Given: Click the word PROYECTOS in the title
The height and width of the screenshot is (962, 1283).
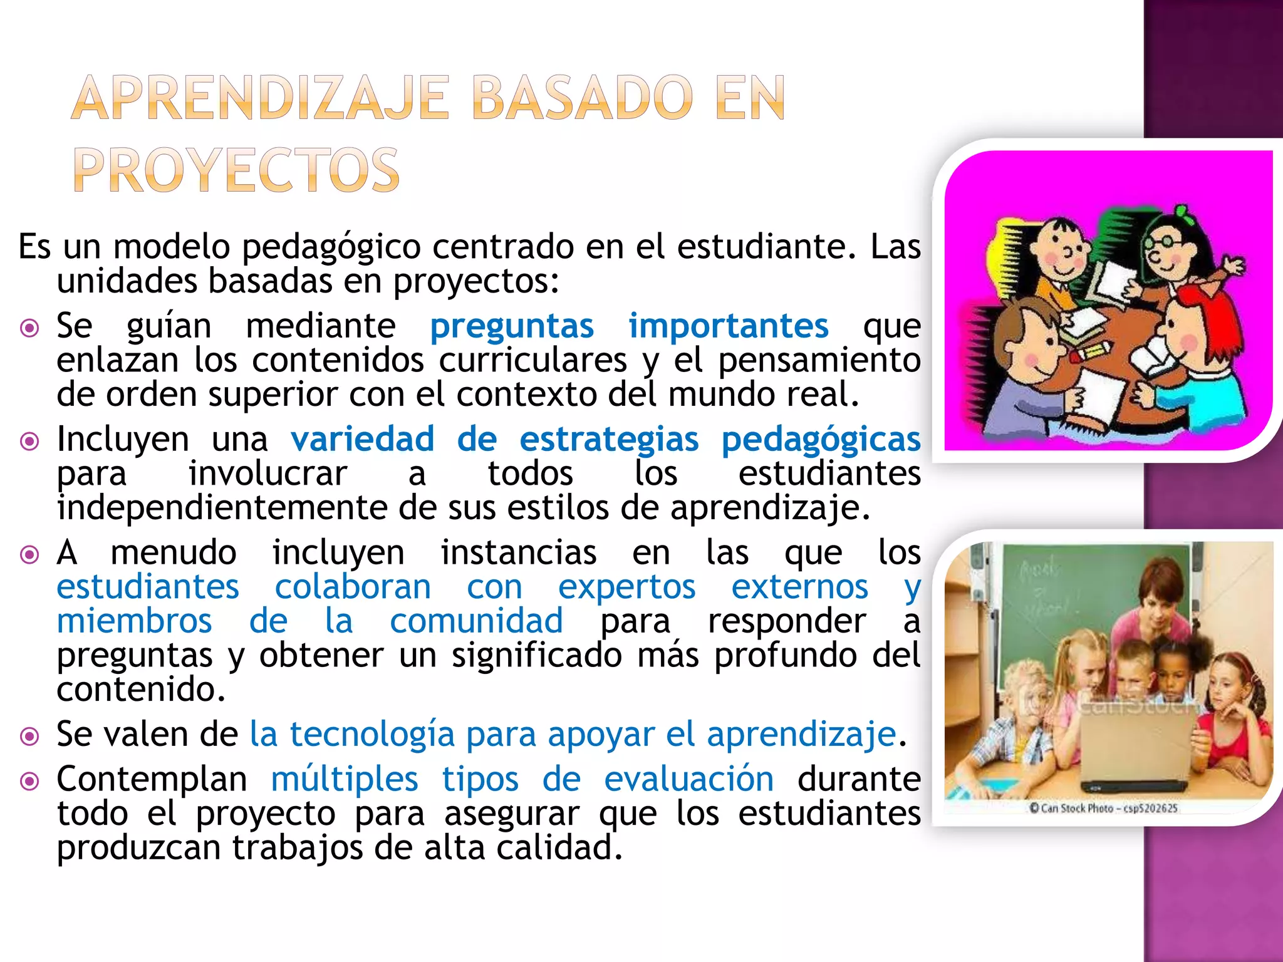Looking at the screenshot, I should (x=236, y=170).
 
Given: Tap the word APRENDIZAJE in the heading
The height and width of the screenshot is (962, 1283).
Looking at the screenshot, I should (x=261, y=98).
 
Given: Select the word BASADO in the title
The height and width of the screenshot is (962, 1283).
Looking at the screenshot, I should (x=583, y=98).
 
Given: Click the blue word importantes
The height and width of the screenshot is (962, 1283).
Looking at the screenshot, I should (x=728, y=326).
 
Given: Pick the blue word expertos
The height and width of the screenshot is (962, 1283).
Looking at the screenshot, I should (x=626, y=587).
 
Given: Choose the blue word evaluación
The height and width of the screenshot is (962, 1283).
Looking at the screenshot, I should (x=688, y=780).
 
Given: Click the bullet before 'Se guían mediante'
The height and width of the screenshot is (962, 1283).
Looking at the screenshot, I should (x=29, y=328).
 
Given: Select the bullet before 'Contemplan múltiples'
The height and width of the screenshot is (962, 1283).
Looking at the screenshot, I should (x=29, y=781).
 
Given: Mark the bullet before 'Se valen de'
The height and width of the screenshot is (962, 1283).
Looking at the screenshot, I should (x=29, y=736).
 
